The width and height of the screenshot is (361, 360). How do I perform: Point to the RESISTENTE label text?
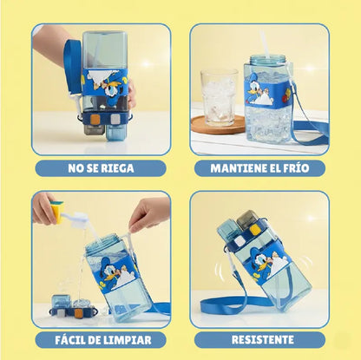pos(263,340)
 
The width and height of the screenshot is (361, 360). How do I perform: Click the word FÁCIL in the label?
pos(69,339)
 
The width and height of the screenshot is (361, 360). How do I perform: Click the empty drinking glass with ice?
pos(218,97)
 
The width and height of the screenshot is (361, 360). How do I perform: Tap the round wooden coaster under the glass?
pos(219,125)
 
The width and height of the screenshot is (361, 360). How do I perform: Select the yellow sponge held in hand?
pos(56,212)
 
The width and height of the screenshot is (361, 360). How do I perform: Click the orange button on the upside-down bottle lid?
pos(95,119)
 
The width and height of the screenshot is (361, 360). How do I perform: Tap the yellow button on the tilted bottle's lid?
pos(253,230)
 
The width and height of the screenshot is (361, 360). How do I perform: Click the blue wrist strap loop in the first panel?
pos(73,67)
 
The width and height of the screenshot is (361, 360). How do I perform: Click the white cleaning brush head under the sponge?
pos(77,219)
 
